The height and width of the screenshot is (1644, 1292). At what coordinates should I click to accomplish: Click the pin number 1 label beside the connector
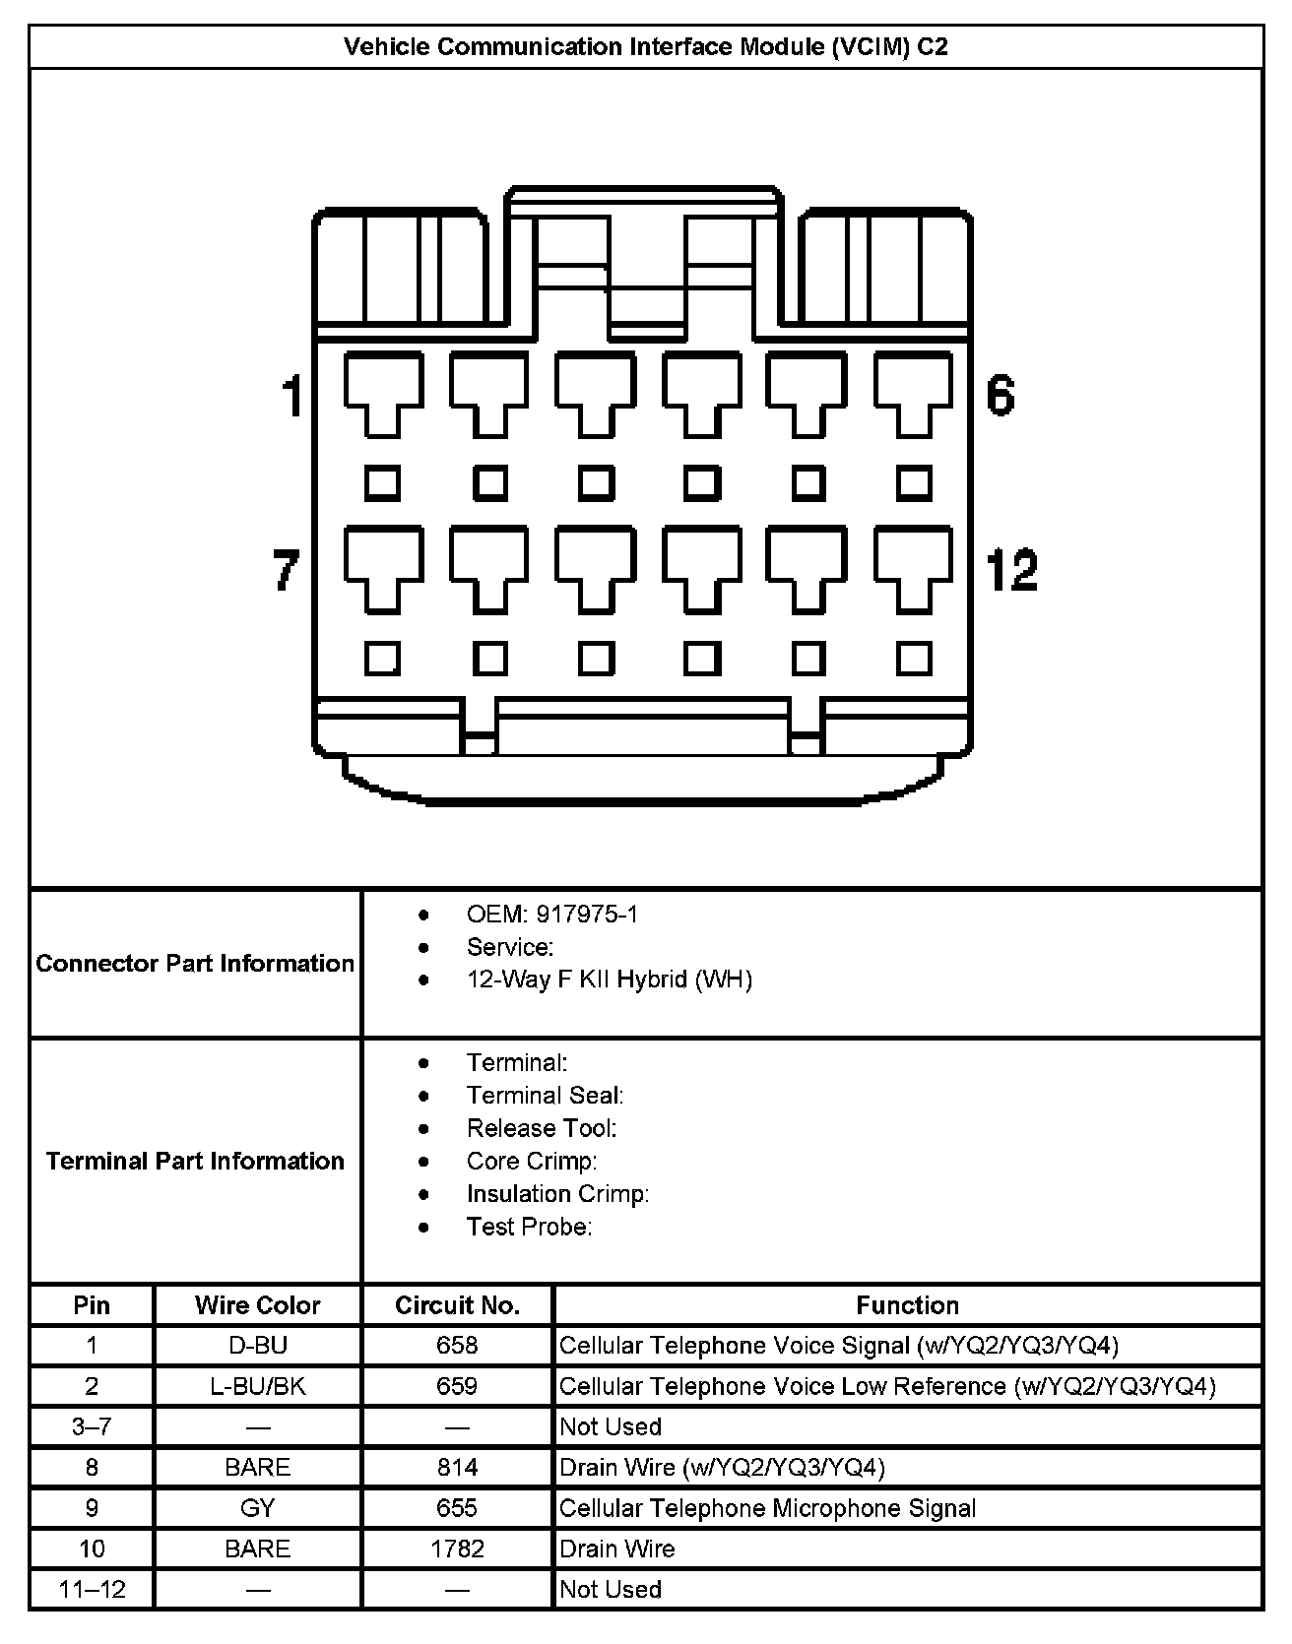point(292,397)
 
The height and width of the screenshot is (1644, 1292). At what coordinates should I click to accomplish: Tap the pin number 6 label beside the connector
point(1000,396)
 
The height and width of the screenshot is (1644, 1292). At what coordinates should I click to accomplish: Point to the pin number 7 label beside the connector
point(286,570)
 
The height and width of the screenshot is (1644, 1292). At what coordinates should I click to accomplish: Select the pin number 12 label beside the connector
point(1011,570)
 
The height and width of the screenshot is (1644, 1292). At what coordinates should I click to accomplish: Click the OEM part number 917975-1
point(586,915)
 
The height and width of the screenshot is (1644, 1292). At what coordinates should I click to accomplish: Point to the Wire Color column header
point(257,1305)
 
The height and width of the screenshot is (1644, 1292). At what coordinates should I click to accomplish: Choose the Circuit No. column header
point(457,1305)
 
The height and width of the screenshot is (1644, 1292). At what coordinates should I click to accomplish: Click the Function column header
point(907,1305)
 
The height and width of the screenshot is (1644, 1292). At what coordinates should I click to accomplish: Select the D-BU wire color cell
point(257,1346)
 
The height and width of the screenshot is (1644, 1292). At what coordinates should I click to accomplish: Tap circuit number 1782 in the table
point(457,1549)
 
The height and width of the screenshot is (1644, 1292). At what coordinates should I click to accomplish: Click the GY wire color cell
point(257,1508)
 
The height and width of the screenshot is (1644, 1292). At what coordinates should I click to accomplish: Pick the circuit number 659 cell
point(457,1386)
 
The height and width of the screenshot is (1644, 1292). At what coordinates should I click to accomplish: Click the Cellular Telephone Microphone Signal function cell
point(767,1508)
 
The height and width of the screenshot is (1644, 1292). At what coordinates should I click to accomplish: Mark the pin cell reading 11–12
point(92,1589)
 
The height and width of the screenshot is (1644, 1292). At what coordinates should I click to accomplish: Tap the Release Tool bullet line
point(541,1128)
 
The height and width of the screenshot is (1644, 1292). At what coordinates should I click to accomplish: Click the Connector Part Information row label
point(195,963)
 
